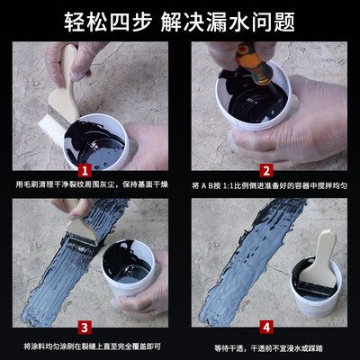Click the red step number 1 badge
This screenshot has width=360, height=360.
pos(85,171)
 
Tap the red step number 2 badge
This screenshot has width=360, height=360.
pos(266,171)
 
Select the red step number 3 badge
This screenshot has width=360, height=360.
pos(85,328)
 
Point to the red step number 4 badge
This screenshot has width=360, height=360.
pos(266,328)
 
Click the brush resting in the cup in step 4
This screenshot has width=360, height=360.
pos(318,263)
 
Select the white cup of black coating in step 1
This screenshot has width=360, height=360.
pos(95,142)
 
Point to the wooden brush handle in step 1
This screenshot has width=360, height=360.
pos(64,84)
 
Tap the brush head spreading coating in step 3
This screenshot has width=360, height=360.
pos(80,240)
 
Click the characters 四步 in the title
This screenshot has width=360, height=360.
pos(130,22)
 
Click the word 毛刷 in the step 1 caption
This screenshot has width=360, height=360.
pos(31,184)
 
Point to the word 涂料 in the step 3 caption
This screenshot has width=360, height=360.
pos(39,346)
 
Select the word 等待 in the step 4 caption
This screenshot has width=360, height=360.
pos(221,348)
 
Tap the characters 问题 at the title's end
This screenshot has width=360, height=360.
pos(274,22)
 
